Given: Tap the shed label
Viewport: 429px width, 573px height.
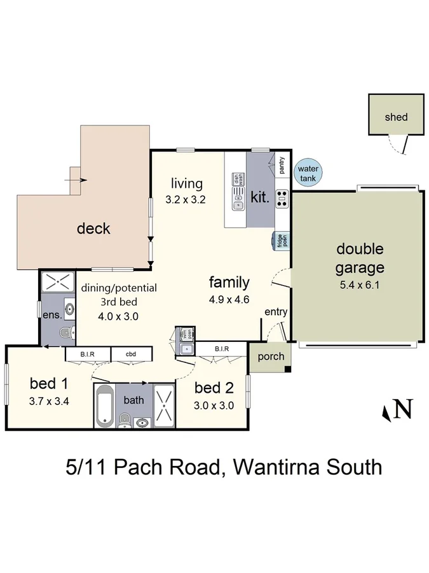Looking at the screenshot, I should tap(396, 117).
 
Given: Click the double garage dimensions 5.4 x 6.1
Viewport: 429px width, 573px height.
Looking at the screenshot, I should tap(359, 285).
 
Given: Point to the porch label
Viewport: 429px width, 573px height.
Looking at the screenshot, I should tap(271, 357).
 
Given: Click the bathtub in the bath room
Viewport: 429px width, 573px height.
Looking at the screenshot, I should tap(105, 406).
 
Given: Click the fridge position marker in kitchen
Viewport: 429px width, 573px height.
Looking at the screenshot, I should tap(281, 239).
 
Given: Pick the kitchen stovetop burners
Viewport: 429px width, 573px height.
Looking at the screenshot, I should tap(282, 199).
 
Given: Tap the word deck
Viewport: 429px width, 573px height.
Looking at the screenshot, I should tap(93, 228).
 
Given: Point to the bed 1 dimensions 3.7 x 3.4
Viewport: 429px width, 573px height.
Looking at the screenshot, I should tap(49, 402).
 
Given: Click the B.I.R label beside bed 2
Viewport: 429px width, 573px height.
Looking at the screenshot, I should tap(221, 348).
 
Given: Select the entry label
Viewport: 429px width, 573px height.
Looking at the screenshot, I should tap(276, 312).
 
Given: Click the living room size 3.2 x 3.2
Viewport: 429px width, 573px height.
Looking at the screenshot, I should tap(186, 199).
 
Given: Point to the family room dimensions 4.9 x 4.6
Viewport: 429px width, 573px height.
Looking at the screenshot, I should tap(229, 299).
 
